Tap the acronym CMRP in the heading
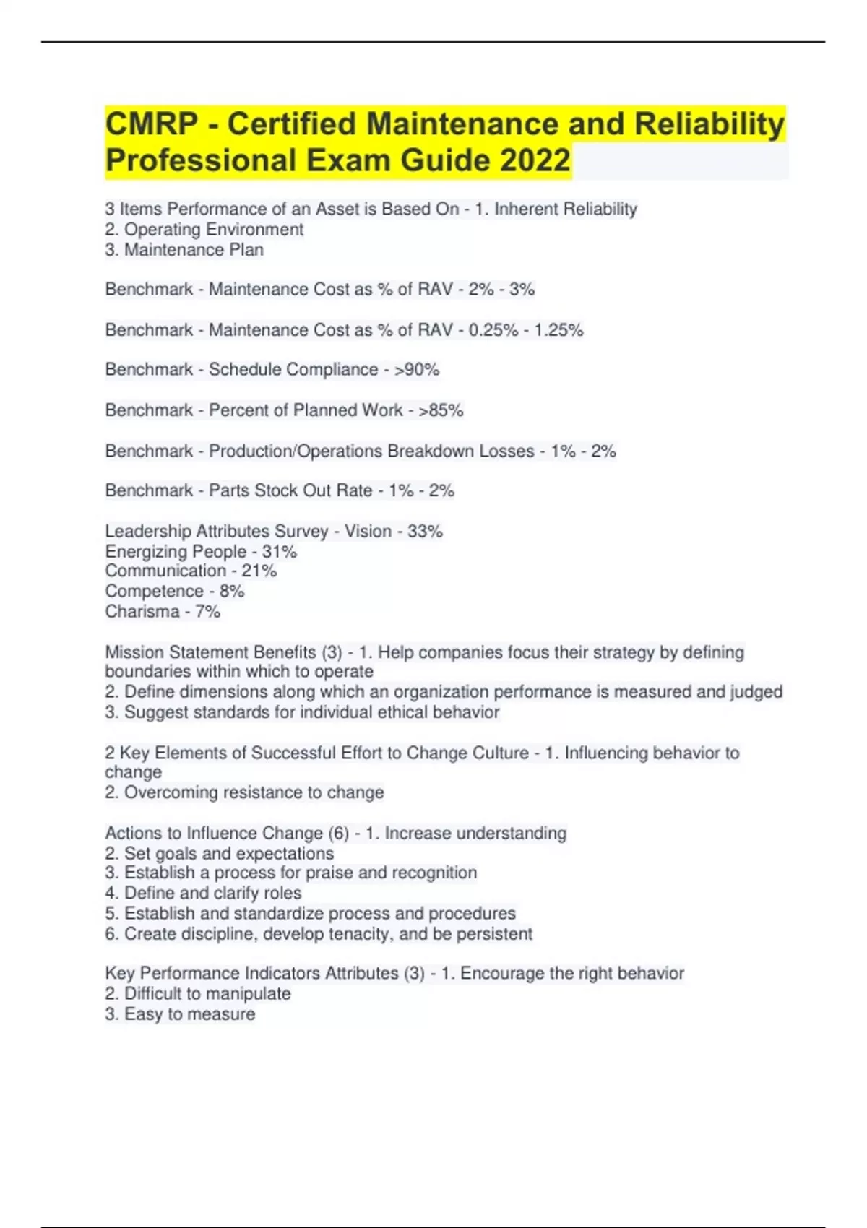pyautogui.click(x=151, y=124)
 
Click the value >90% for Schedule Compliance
pyautogui.click(x=417, y=370)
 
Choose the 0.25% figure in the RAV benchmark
pyautogui.click(x=493, y=330)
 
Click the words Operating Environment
pyautogui.click(x=214, y=230)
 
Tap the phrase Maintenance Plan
pyautogui.click(x=194, y=250)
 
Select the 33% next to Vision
pyautogui.click(x=425, y=532)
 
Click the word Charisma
pyautogui.click(x=142, y=612)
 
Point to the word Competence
pyautogui.click(x=154, y=592)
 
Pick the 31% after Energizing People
pyautogui.click(x=279, y=552)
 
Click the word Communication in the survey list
pyautogui.click(x=165, y=571)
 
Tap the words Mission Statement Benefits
pyautogui.click(x=210, y=652)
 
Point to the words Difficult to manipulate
pyautogui.click(x=207, y=994)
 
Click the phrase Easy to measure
pyautogui.click(x=189, y=1014)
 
